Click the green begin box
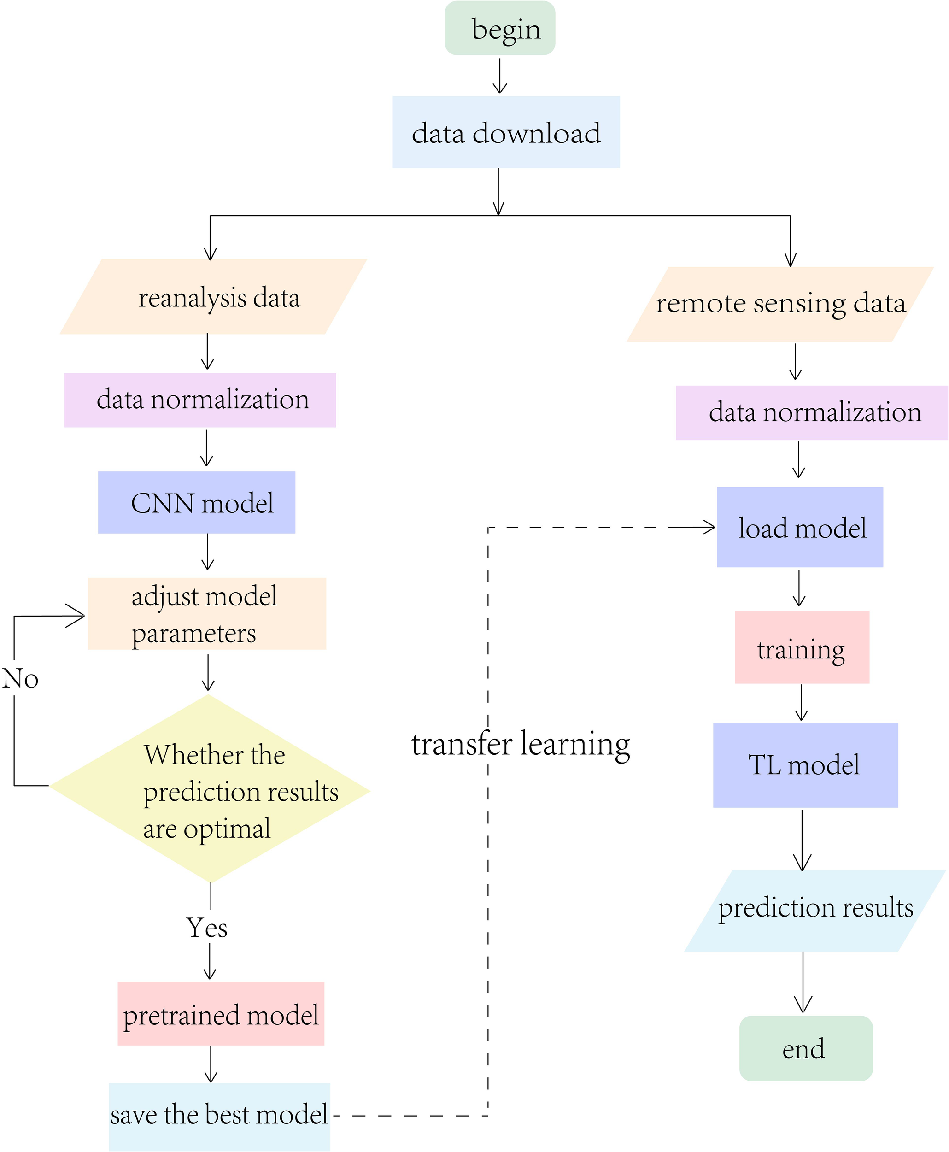[500, 29]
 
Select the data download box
[506, 132]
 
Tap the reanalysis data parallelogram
[213, 297]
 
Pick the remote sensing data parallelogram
[780, 305]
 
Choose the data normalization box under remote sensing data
[811, 413]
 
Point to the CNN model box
[196, 502]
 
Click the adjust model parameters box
[207, 613]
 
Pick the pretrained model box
[221, 1014]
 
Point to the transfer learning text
[521, 745]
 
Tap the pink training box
[802, 647]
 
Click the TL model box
[805, 765]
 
